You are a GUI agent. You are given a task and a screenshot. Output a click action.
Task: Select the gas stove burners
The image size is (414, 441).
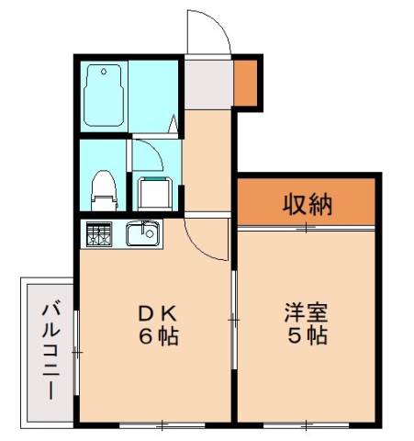pyautogui.click(x=98, y=234)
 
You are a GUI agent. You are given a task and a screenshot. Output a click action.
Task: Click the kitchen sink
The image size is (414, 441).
pyautogui.click(x=142, y=234)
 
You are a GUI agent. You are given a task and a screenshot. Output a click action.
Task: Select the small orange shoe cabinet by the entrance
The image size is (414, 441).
pyautogui.click(x=245, y=82)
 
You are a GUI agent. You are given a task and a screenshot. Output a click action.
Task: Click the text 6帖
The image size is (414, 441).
pyautogui.click(x=154, y=336)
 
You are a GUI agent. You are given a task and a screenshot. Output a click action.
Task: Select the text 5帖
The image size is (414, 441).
pyautogui.click(x=306, y=336)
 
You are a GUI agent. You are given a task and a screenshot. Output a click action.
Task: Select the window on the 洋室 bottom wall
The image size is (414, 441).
pyautogui.click(x=308, y=424)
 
